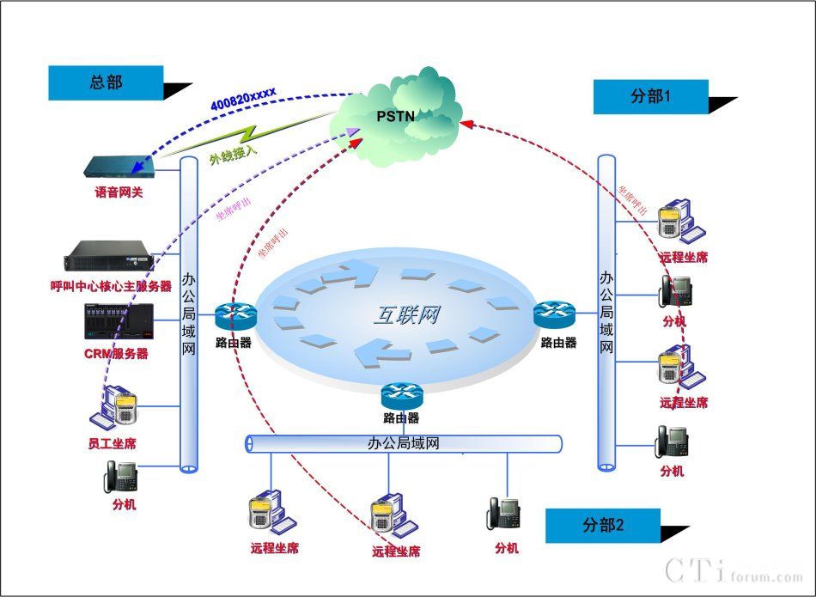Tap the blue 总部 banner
click(x=106, y=82)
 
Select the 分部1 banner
click(x=650, y=97)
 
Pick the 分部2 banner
click(x=602, y=525)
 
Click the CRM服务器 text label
click(x=116, y=353)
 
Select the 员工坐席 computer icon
click(x=117, y=407)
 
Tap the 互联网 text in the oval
click(x=405, y=314)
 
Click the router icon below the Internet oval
click(x=402, y=394)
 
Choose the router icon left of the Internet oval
click(x=234, y=317)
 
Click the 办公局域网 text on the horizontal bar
click(x=403, y=443)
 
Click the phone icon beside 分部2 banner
click(x=506, y=513)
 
